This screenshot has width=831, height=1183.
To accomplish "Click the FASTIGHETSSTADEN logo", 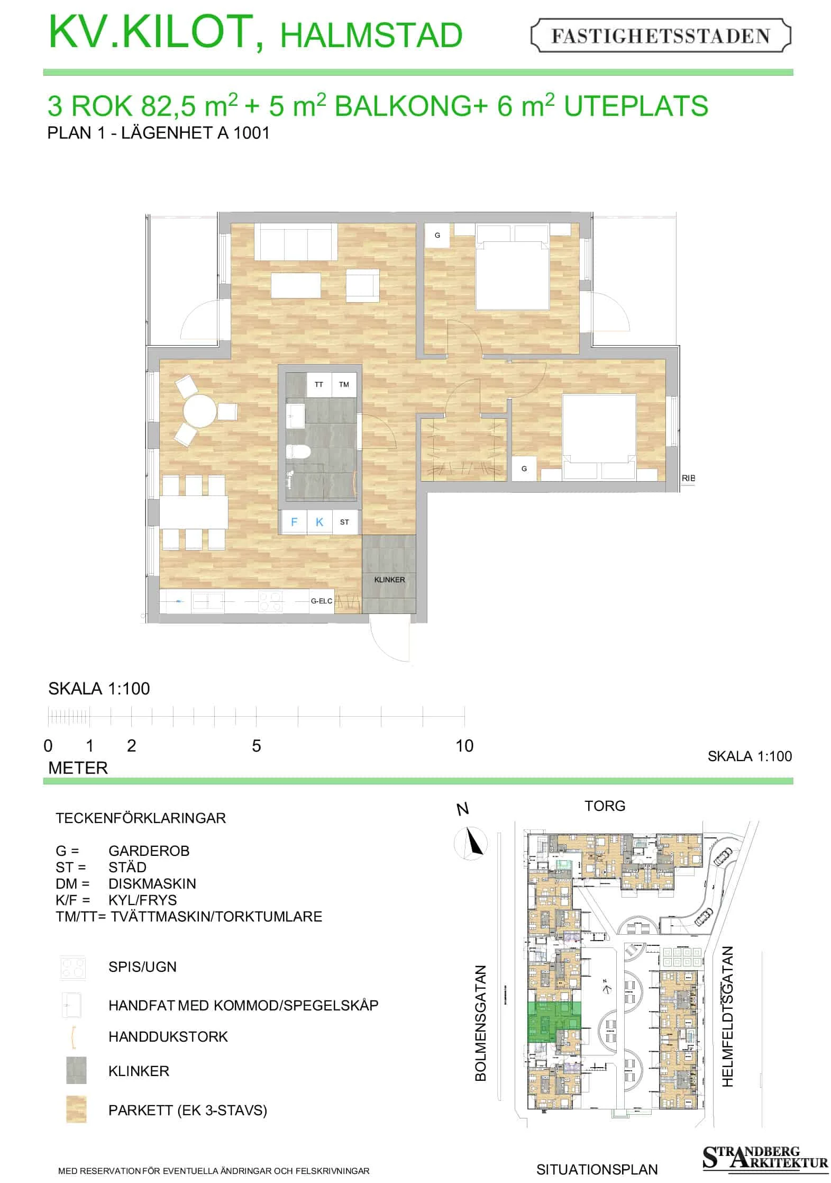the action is pyautogui.click(x=660, y=35).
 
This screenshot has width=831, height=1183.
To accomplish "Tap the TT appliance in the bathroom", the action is pyautogui.click(x=319, y=384).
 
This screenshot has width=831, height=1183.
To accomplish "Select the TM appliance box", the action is pyautogui.click(x=344, y=384).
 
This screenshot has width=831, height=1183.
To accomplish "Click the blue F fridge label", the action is pyautogui.click(x=294, y=522).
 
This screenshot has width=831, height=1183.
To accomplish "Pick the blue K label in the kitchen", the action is pyautogui.click(x=319, y=522).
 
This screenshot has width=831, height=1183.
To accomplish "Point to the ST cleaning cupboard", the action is pyautogui.click(x=344, y=522).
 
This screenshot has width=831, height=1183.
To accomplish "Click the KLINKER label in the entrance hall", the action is pyautogui.click(x=389, y=580).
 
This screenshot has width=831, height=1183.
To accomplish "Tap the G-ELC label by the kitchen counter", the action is pyautogui.click(x=322, y=601).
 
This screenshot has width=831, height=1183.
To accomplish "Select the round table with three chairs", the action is pyautogui.click(x=200, y=411).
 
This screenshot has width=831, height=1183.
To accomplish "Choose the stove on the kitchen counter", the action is pyautogui.click(x=270, y=601).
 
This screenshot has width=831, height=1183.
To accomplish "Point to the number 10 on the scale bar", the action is pyautogui.click(x=464, y=746).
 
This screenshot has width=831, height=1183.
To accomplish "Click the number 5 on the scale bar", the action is pyautogui.click(x=257, y=746).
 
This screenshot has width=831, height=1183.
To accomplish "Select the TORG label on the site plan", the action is pyautogui.click(x=605, y=806).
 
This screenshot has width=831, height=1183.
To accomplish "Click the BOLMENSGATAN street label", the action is pyautogui.click(x=480, y=1023).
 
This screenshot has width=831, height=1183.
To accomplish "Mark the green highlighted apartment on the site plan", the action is pyautogui.click(x=554, y=1022).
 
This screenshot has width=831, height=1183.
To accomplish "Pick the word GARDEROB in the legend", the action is pyautogui.click(x=149, y=851).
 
